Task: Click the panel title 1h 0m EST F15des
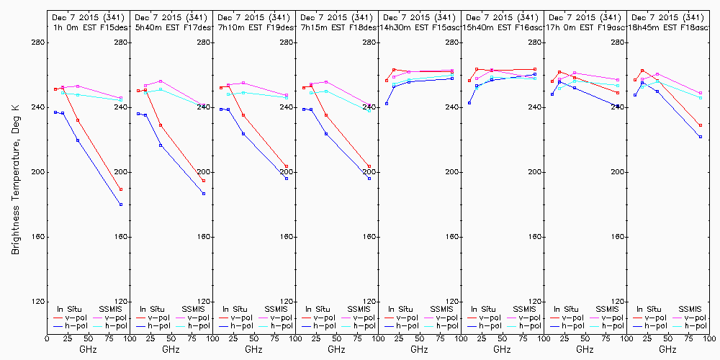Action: (88, 27)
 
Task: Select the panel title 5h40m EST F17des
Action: (171, 27)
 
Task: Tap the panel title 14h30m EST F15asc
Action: (418, 27)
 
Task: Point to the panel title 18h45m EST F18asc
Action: (667, 27)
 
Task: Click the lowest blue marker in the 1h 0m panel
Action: (121, 204)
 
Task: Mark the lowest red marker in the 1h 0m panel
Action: (121, 189)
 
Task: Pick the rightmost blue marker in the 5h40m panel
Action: (204, 194)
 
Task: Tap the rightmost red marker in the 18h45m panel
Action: (701, 125)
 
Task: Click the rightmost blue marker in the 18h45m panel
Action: (701, 137)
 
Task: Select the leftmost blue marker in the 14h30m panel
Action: (387, 104)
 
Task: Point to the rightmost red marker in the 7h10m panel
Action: (287, 167)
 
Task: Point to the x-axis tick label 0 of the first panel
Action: (47, 337)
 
